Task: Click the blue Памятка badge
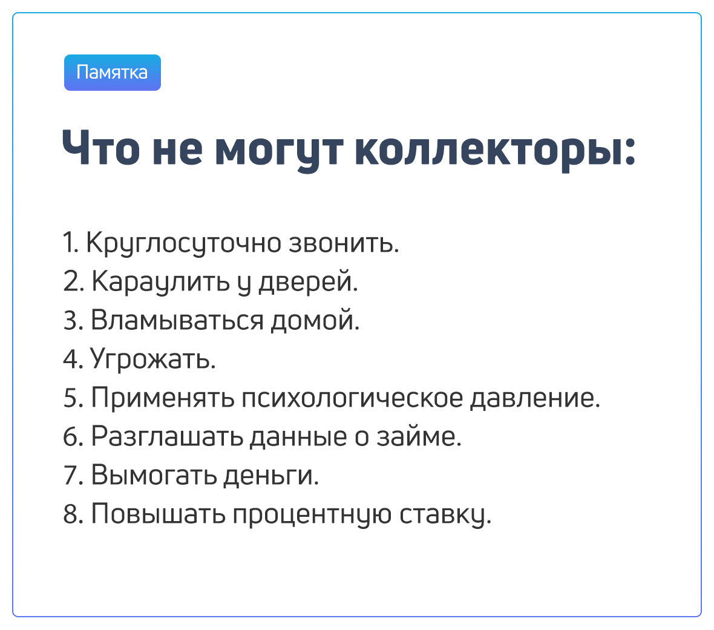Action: click(113, 73)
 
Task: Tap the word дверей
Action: click(308, 282)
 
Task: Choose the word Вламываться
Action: click(177, 320)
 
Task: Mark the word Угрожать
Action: click(153, 359)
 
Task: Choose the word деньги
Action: click(270, 475)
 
